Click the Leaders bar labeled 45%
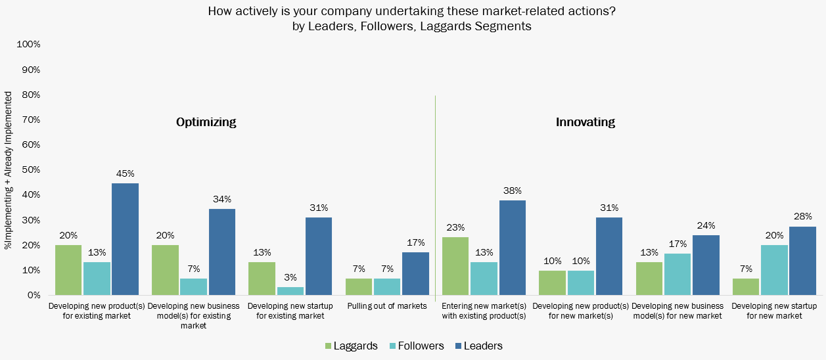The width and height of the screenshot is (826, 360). click(x=125, y=239)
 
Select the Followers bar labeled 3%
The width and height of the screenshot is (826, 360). click(x=290, y=291)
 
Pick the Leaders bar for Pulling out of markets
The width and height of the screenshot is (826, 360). click(x=415, y=274)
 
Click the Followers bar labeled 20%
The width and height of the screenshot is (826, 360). click(x=774, y=270)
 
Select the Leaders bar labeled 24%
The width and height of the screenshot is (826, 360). click(x=706, y=265)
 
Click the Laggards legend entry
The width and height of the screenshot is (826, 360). click(x=352, y=346)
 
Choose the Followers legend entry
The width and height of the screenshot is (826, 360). click(x=417, y=346)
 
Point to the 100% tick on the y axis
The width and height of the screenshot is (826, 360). click(x=28, y=45)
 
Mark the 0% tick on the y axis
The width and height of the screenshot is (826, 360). click(x=34, y=295)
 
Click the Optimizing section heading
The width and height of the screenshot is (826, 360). click(x=206, y=122)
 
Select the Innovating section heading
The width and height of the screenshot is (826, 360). click(x=585, y=122)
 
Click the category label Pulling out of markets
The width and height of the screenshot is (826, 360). click(x=387, y=306)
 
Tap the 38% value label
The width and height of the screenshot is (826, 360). click(x=512, y=191)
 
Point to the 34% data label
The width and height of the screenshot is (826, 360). click(x=222, y=200)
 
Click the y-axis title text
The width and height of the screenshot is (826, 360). click(x=9, y=170)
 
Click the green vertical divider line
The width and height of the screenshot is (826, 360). click(x=435, y=197)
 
